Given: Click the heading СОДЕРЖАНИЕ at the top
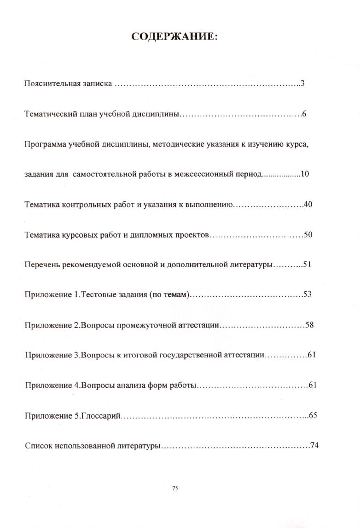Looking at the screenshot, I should [x=174, y=36].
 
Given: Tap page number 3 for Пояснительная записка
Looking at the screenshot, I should [x=303, y=84].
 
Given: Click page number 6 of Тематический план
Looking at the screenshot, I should [x=304, y=114].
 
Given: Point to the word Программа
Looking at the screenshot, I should [x=45, y=144].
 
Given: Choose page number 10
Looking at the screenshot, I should [x=305, y=174].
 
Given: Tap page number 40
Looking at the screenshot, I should [x=308, y=204].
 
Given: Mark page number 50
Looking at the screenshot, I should [x=308, y=234].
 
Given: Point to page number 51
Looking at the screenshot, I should [x=308, y=264].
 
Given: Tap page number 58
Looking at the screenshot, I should [x=309, y=325].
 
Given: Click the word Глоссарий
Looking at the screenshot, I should [x=101, y=415].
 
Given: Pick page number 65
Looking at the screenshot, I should [x=313, y=415].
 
